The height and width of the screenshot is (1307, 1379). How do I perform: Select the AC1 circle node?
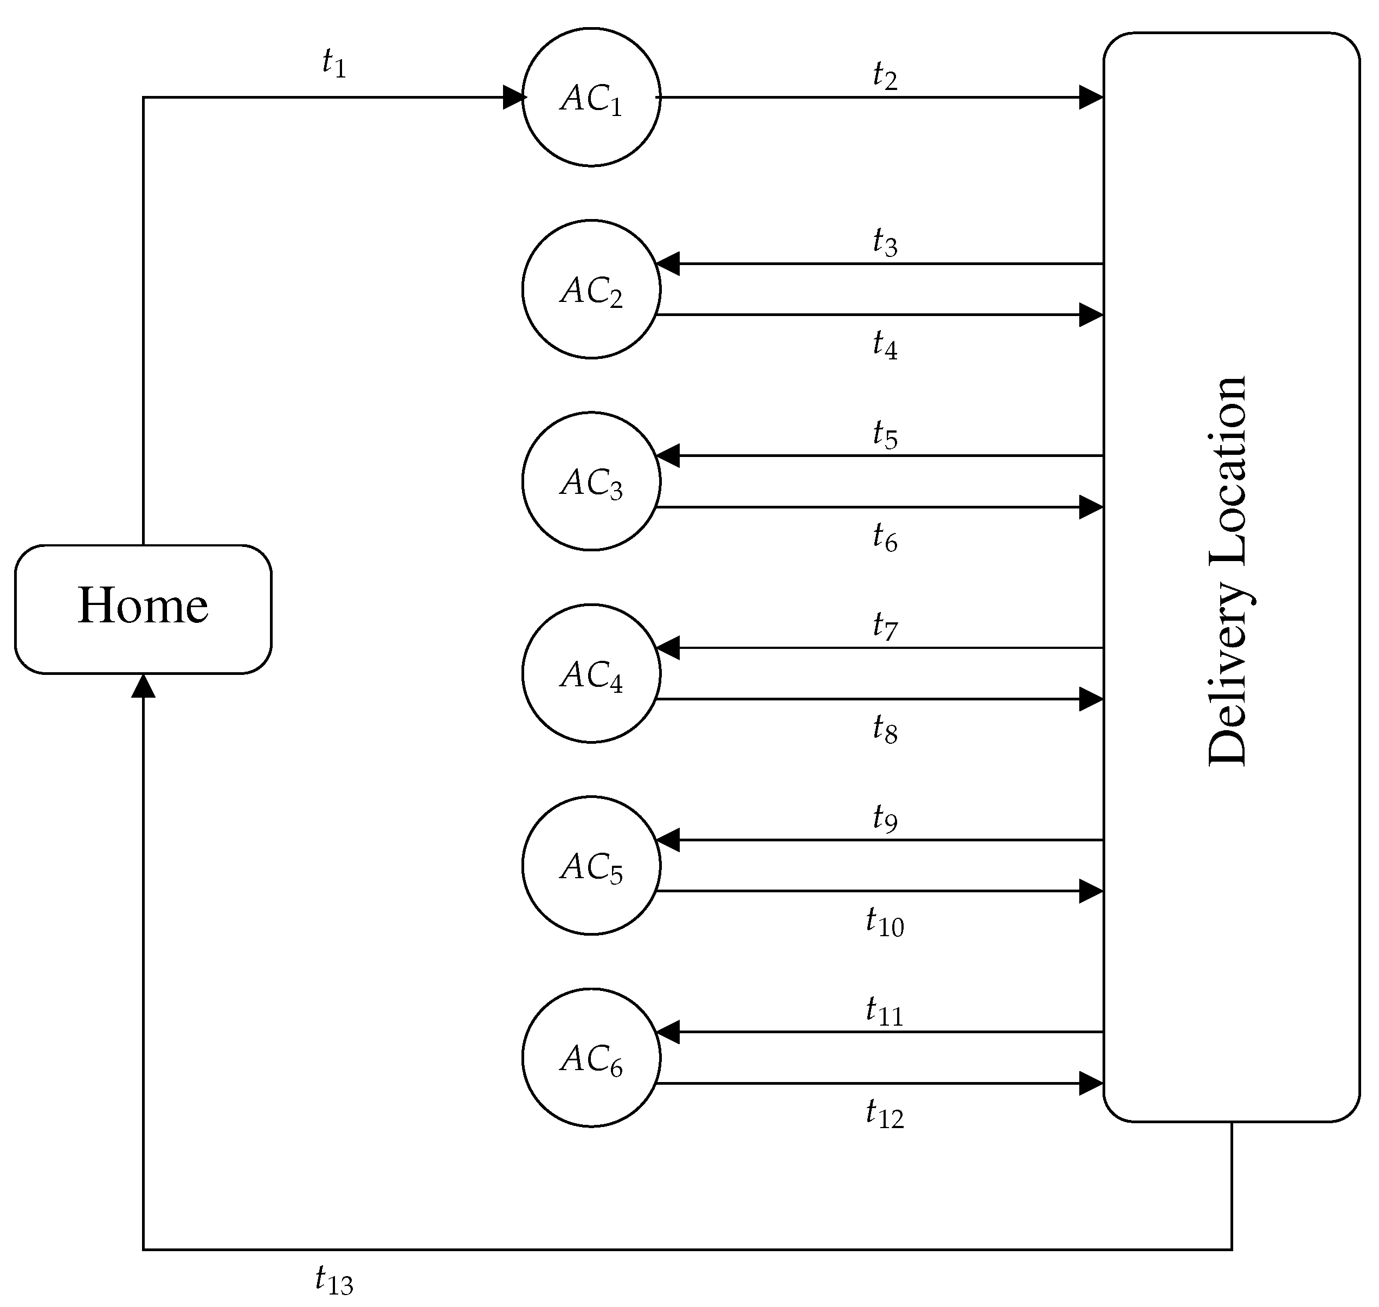tap(591, 98)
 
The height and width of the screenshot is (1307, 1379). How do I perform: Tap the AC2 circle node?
tap(591, 289)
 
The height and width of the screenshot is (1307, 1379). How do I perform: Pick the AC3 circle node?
tap(591, 481)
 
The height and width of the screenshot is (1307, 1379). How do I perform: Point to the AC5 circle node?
tap(591, 866)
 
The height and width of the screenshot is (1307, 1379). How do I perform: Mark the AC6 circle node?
tap(591, 1058)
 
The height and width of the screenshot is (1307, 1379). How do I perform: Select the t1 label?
tap(333, 63)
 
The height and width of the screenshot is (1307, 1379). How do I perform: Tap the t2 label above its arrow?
tap(885, 75)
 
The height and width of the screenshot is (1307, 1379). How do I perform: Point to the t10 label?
tap(885, 923)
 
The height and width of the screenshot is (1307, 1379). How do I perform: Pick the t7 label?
tap(885, 626)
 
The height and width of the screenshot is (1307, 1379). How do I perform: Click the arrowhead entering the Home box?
tap(143, 686)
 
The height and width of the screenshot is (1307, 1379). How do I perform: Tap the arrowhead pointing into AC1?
tap(513, 98)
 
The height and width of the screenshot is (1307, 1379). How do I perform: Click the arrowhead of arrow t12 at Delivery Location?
tap(1091, 1083)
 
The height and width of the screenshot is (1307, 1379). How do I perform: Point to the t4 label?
tap(885, 345)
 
